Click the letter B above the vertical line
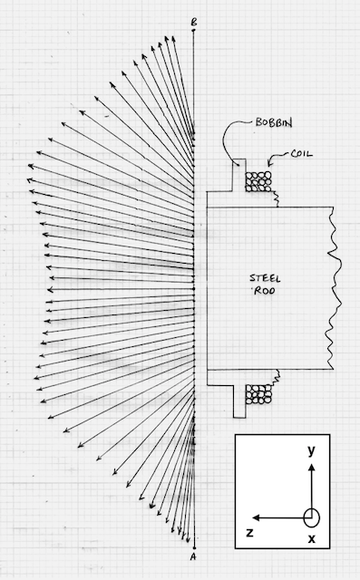click(193, 22)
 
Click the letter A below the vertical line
click(193, 556)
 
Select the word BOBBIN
click(274, 122)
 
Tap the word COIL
click(302, 153)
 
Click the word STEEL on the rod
click(265, 278)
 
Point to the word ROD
click(265, 291)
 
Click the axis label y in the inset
click(312, 450)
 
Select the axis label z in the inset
click(250, 533)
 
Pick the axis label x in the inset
click(312, 538)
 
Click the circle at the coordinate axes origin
click(312, 517)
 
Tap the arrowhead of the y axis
click(312, 468)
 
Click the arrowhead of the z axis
click(256, 517)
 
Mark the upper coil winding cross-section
click(258, 181)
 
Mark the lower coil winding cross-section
click(258, 394)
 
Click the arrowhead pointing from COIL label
click(269, 163)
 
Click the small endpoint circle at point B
click(193, 30)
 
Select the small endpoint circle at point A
click(193, 548)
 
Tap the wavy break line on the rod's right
click(334, 288)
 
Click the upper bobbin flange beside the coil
click(239, 175)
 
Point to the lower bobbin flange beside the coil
click(239, 401)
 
